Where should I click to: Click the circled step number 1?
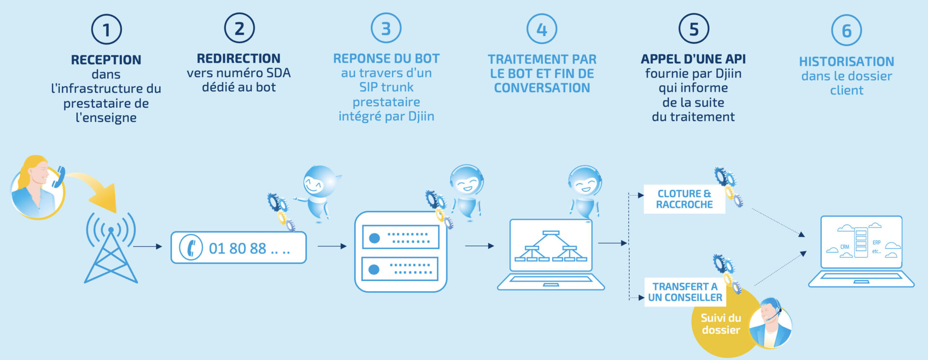pyautogui.click(x=106, y=29)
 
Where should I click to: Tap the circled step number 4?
pyautogui.click(x=541, y=29)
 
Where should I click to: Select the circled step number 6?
pyautogui.click(x=846, y=30)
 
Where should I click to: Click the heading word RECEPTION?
pyautogui.click(x=106, y=60)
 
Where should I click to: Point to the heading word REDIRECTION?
pyautogui.click(x=238, y=58)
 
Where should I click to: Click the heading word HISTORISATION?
pyautogui.click(x=846, y=62)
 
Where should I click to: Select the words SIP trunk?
pyautogui.click(x=386, y=87)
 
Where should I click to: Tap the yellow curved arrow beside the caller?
pyautogui.click(x=97, y=188)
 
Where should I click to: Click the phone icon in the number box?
pyautogui.click(x=191, y=247)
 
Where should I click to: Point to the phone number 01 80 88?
pyautogui.click(x=237, y=248)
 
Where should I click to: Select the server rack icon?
pyautogui.click(x=401, y=252)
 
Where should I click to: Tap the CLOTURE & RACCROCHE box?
pyautogui.click(x=684, y=199)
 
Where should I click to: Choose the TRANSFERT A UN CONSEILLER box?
pyautogui.click(x=685, y=292)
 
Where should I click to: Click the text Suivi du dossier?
pyautogui.click(x=721, y=324)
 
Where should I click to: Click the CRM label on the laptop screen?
pyautogui.click(x=844, y=247)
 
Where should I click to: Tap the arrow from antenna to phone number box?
pyautogui.click(x=147, y=246)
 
